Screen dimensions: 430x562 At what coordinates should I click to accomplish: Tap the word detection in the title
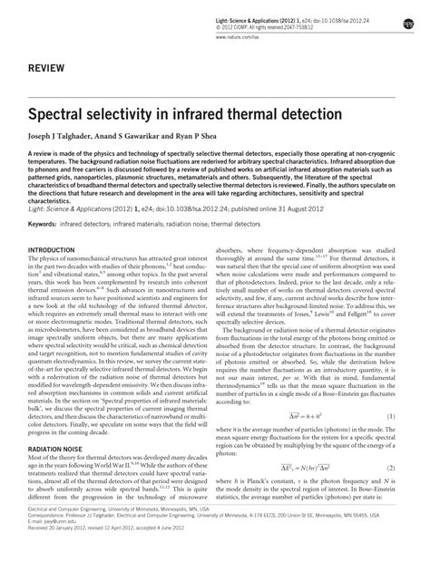323,117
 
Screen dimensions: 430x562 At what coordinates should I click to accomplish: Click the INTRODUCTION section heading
55,275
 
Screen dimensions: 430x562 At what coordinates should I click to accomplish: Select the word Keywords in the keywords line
45,246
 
